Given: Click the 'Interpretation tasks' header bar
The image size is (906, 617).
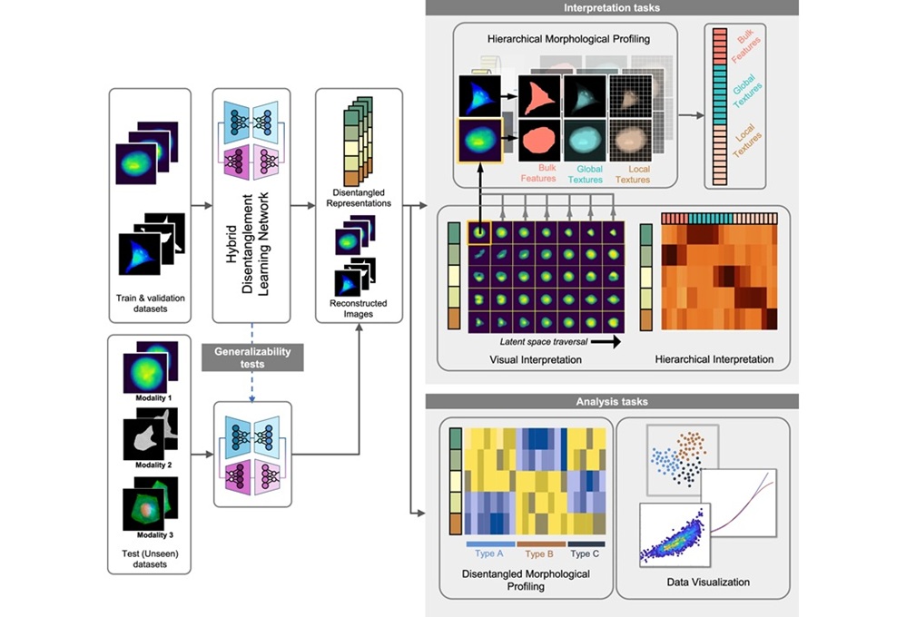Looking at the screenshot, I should (612, 8).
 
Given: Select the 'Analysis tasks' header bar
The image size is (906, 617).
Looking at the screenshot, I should (612, 400).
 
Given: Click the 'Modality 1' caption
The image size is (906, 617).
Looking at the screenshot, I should (151, 397).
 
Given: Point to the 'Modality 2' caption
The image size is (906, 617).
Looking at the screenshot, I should (151, 465).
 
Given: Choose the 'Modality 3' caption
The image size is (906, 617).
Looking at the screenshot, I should (151, 535).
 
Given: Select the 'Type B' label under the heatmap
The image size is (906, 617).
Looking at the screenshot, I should (541, 553).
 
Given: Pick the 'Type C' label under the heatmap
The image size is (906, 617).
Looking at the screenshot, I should (584, 553).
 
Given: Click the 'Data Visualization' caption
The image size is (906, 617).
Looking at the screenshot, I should (703, 581).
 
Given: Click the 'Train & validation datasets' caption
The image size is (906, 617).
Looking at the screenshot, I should (150, 302).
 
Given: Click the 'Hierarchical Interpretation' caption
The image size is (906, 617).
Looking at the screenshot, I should (714, 359).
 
